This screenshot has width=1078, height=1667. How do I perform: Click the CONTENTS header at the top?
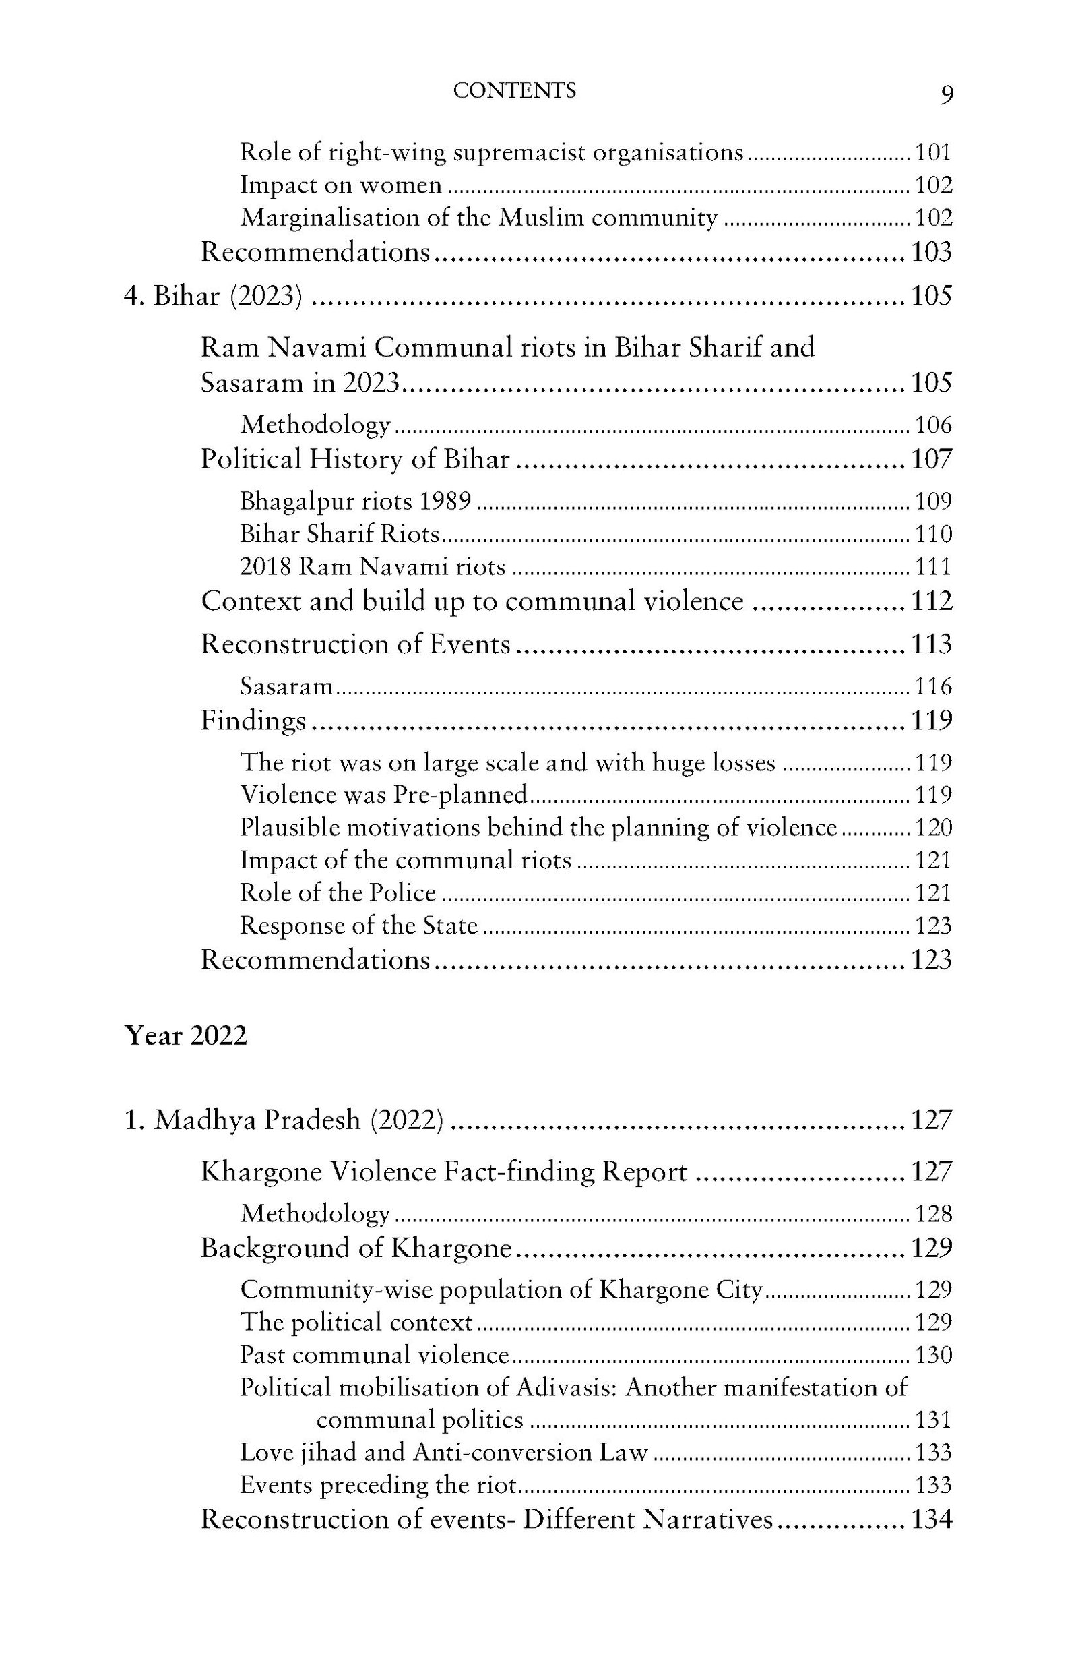[515, 90]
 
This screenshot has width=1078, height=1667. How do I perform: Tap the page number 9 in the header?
[946, 94]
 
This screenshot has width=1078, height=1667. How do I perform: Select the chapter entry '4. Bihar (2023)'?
[214, 296]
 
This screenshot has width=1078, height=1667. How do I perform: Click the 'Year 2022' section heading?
[185, 1035]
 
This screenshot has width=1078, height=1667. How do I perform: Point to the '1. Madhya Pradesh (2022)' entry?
[284, 1120]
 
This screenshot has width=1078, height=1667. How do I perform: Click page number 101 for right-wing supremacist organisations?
[934, 152]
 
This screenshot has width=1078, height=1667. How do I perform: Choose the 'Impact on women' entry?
[341, 185]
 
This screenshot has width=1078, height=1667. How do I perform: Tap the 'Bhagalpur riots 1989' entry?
[356, 502]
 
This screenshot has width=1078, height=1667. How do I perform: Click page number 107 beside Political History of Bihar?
[932, 459]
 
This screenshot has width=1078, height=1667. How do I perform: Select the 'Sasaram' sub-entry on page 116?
[287, 686]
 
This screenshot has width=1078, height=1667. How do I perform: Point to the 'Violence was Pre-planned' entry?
[383, 795]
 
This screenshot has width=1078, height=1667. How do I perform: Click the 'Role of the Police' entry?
[338, 892]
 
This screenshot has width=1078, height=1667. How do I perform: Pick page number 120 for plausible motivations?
[934, 828]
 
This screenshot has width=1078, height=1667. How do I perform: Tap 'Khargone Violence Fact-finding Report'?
[444, 1172]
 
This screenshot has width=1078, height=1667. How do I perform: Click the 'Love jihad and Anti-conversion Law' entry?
[444, 1453]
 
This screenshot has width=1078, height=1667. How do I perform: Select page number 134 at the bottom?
[931, 1520]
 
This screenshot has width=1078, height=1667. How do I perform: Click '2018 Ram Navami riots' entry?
[373, 566]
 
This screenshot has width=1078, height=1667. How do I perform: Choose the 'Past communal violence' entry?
[374, 1355]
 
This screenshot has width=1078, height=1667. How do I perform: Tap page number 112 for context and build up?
[932, 601]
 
